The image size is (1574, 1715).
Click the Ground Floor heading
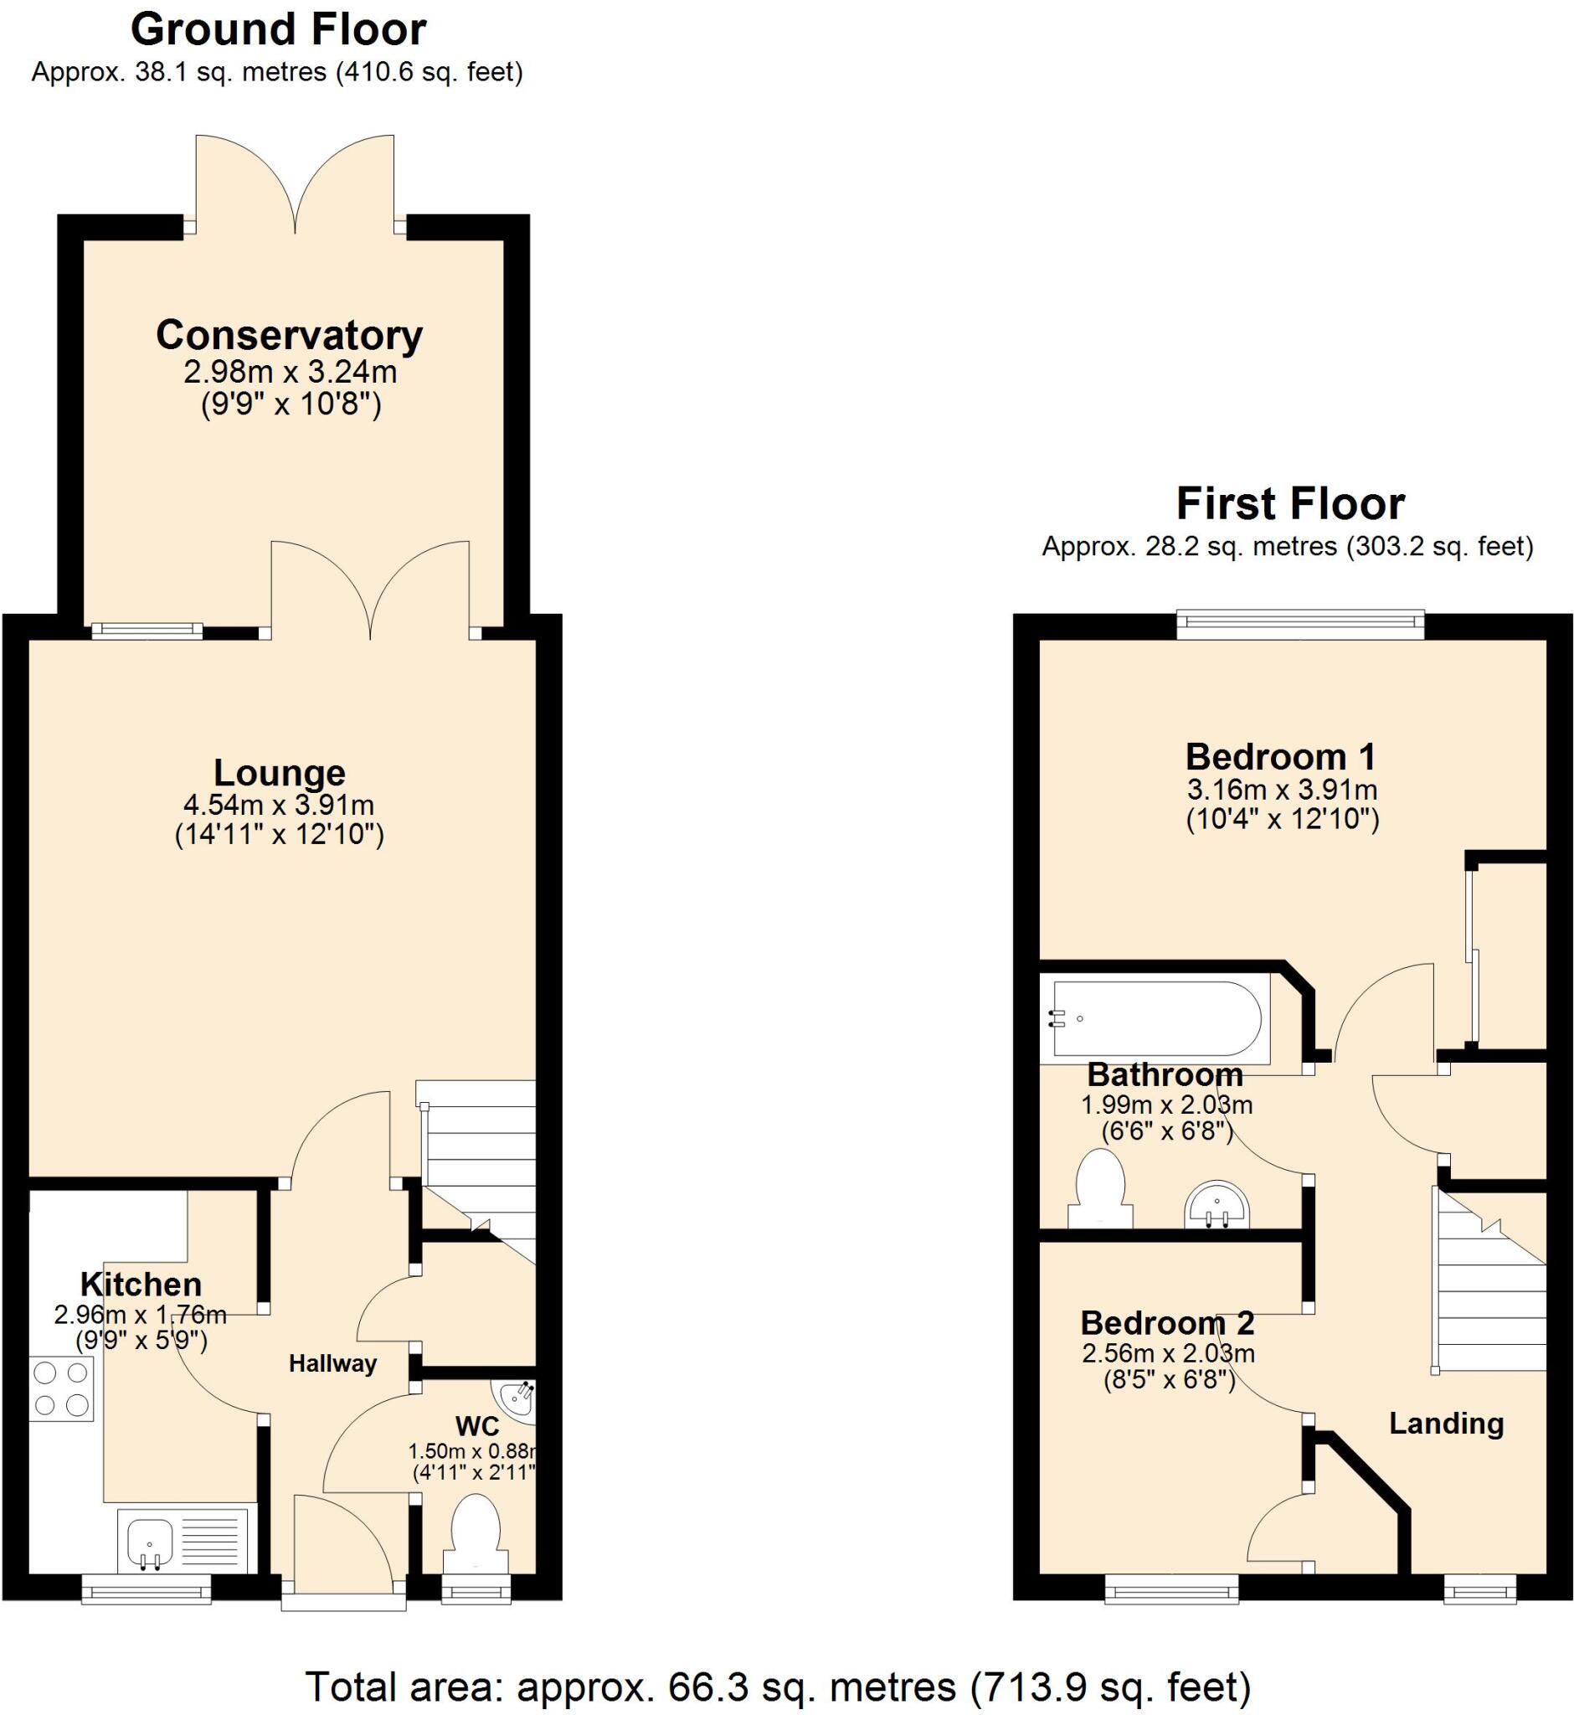point(279,31)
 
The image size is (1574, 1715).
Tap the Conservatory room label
point(289,335)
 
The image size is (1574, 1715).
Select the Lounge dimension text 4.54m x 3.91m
point(279,804)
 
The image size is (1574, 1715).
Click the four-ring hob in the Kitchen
point(61,1389)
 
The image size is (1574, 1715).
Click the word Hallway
point(332,1363)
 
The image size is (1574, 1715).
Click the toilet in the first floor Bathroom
point(1100,1188)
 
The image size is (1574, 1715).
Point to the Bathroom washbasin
point(1217,1205)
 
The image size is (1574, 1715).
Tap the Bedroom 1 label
point(1280,756)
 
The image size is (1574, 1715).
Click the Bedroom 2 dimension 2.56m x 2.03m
point(1168,1353)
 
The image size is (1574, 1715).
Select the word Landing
point(1445,1423)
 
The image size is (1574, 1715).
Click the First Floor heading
point(1289,504)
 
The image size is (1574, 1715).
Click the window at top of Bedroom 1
point(1299,625)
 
